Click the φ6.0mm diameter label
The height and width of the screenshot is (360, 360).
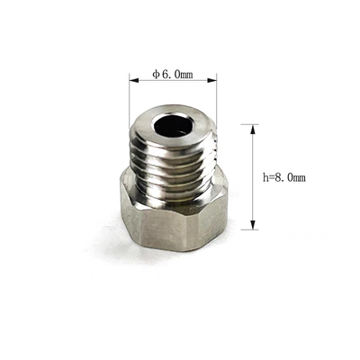point(173,74)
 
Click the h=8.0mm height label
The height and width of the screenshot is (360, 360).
point(284,177)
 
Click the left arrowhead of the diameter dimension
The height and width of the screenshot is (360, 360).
point(134,80)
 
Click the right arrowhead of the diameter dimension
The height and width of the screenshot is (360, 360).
point(211,80)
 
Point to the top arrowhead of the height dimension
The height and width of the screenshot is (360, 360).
point(253,129)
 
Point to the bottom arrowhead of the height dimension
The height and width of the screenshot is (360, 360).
point(253,225)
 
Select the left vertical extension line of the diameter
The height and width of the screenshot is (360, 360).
point(130,102)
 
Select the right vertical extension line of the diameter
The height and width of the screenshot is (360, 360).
point(217,102)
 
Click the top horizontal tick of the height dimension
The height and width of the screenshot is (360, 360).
point(250,124)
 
